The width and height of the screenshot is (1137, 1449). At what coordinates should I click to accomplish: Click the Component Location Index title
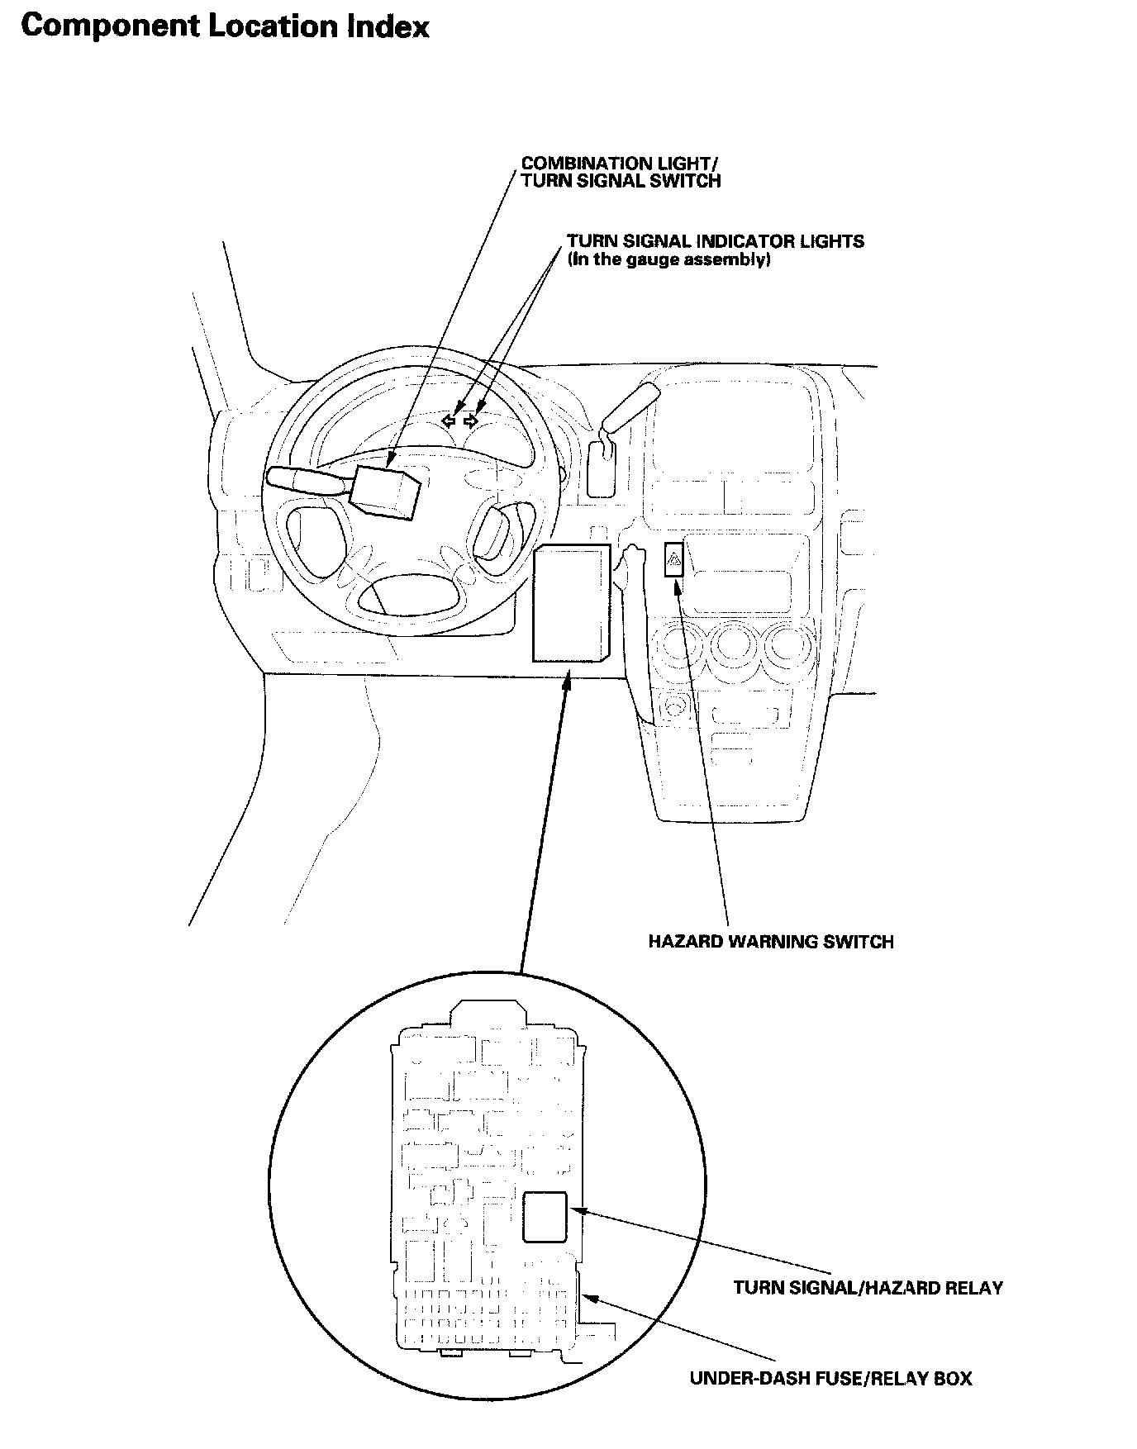click(225, 27)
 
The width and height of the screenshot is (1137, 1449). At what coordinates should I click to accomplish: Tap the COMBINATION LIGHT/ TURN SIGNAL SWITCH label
click(621, 172)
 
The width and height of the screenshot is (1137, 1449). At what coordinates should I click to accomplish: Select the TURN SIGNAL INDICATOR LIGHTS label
click(715, 241)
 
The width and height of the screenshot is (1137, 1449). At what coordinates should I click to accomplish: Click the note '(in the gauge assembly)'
click(668, 259)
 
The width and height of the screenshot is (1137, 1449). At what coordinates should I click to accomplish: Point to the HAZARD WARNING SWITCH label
click(770, 942)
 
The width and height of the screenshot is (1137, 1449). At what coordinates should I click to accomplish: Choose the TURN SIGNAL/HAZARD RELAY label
click(868, 1288)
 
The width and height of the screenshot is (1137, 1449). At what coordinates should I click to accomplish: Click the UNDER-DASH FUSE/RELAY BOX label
click(830, 1379)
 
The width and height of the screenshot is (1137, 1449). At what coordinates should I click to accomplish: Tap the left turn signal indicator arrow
click(449, 421)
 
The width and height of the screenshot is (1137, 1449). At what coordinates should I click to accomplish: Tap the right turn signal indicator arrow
click(471, 421)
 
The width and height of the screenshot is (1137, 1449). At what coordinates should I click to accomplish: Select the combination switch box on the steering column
click(385, 492)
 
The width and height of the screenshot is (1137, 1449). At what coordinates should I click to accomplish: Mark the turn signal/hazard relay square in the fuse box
click(545, 1216)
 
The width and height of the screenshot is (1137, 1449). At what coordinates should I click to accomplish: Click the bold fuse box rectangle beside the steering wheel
click(572, 602)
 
